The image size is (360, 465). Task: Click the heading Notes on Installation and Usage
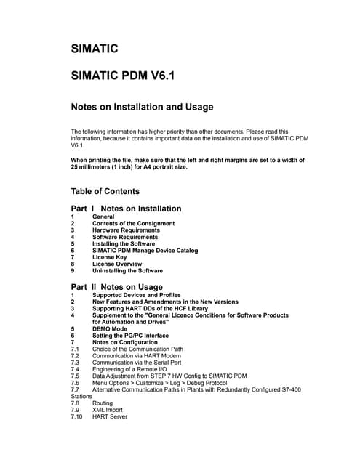(142, 107)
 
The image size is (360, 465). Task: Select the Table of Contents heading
(105, 191)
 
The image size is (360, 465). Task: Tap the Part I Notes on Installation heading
(126, 209)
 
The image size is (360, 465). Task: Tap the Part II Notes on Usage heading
(116, 287)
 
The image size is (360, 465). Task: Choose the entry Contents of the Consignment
(134, 223)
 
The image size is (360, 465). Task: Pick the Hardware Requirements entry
(125, 230)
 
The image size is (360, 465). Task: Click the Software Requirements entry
(124, 237)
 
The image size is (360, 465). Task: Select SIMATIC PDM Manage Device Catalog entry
(145, 251)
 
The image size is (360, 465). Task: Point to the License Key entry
(110, 257)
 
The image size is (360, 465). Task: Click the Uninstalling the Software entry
(127, 270)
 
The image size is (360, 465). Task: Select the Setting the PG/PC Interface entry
(130, 336)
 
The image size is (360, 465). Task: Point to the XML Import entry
(108, 410)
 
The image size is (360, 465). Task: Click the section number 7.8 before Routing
(75, 403)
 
